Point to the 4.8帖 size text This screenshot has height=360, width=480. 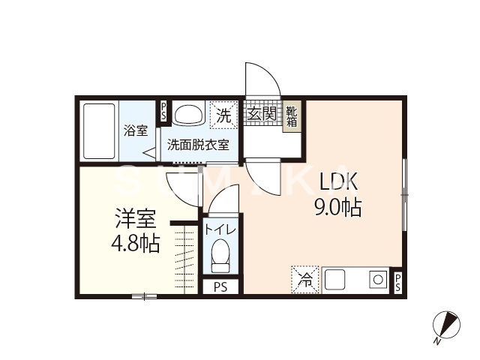[x=135, y=244]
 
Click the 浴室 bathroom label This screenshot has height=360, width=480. [x=136, y=130]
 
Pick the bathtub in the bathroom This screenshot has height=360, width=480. [x=99, y=131]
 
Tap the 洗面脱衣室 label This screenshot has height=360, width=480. [x=198, y=145]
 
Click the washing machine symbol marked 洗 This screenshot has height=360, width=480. [x=223, y=115]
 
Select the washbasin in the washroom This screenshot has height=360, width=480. [x=188, y=114]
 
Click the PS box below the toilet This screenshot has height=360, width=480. [x=220, y=286]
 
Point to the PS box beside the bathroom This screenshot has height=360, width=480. [x=163, y=111]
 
